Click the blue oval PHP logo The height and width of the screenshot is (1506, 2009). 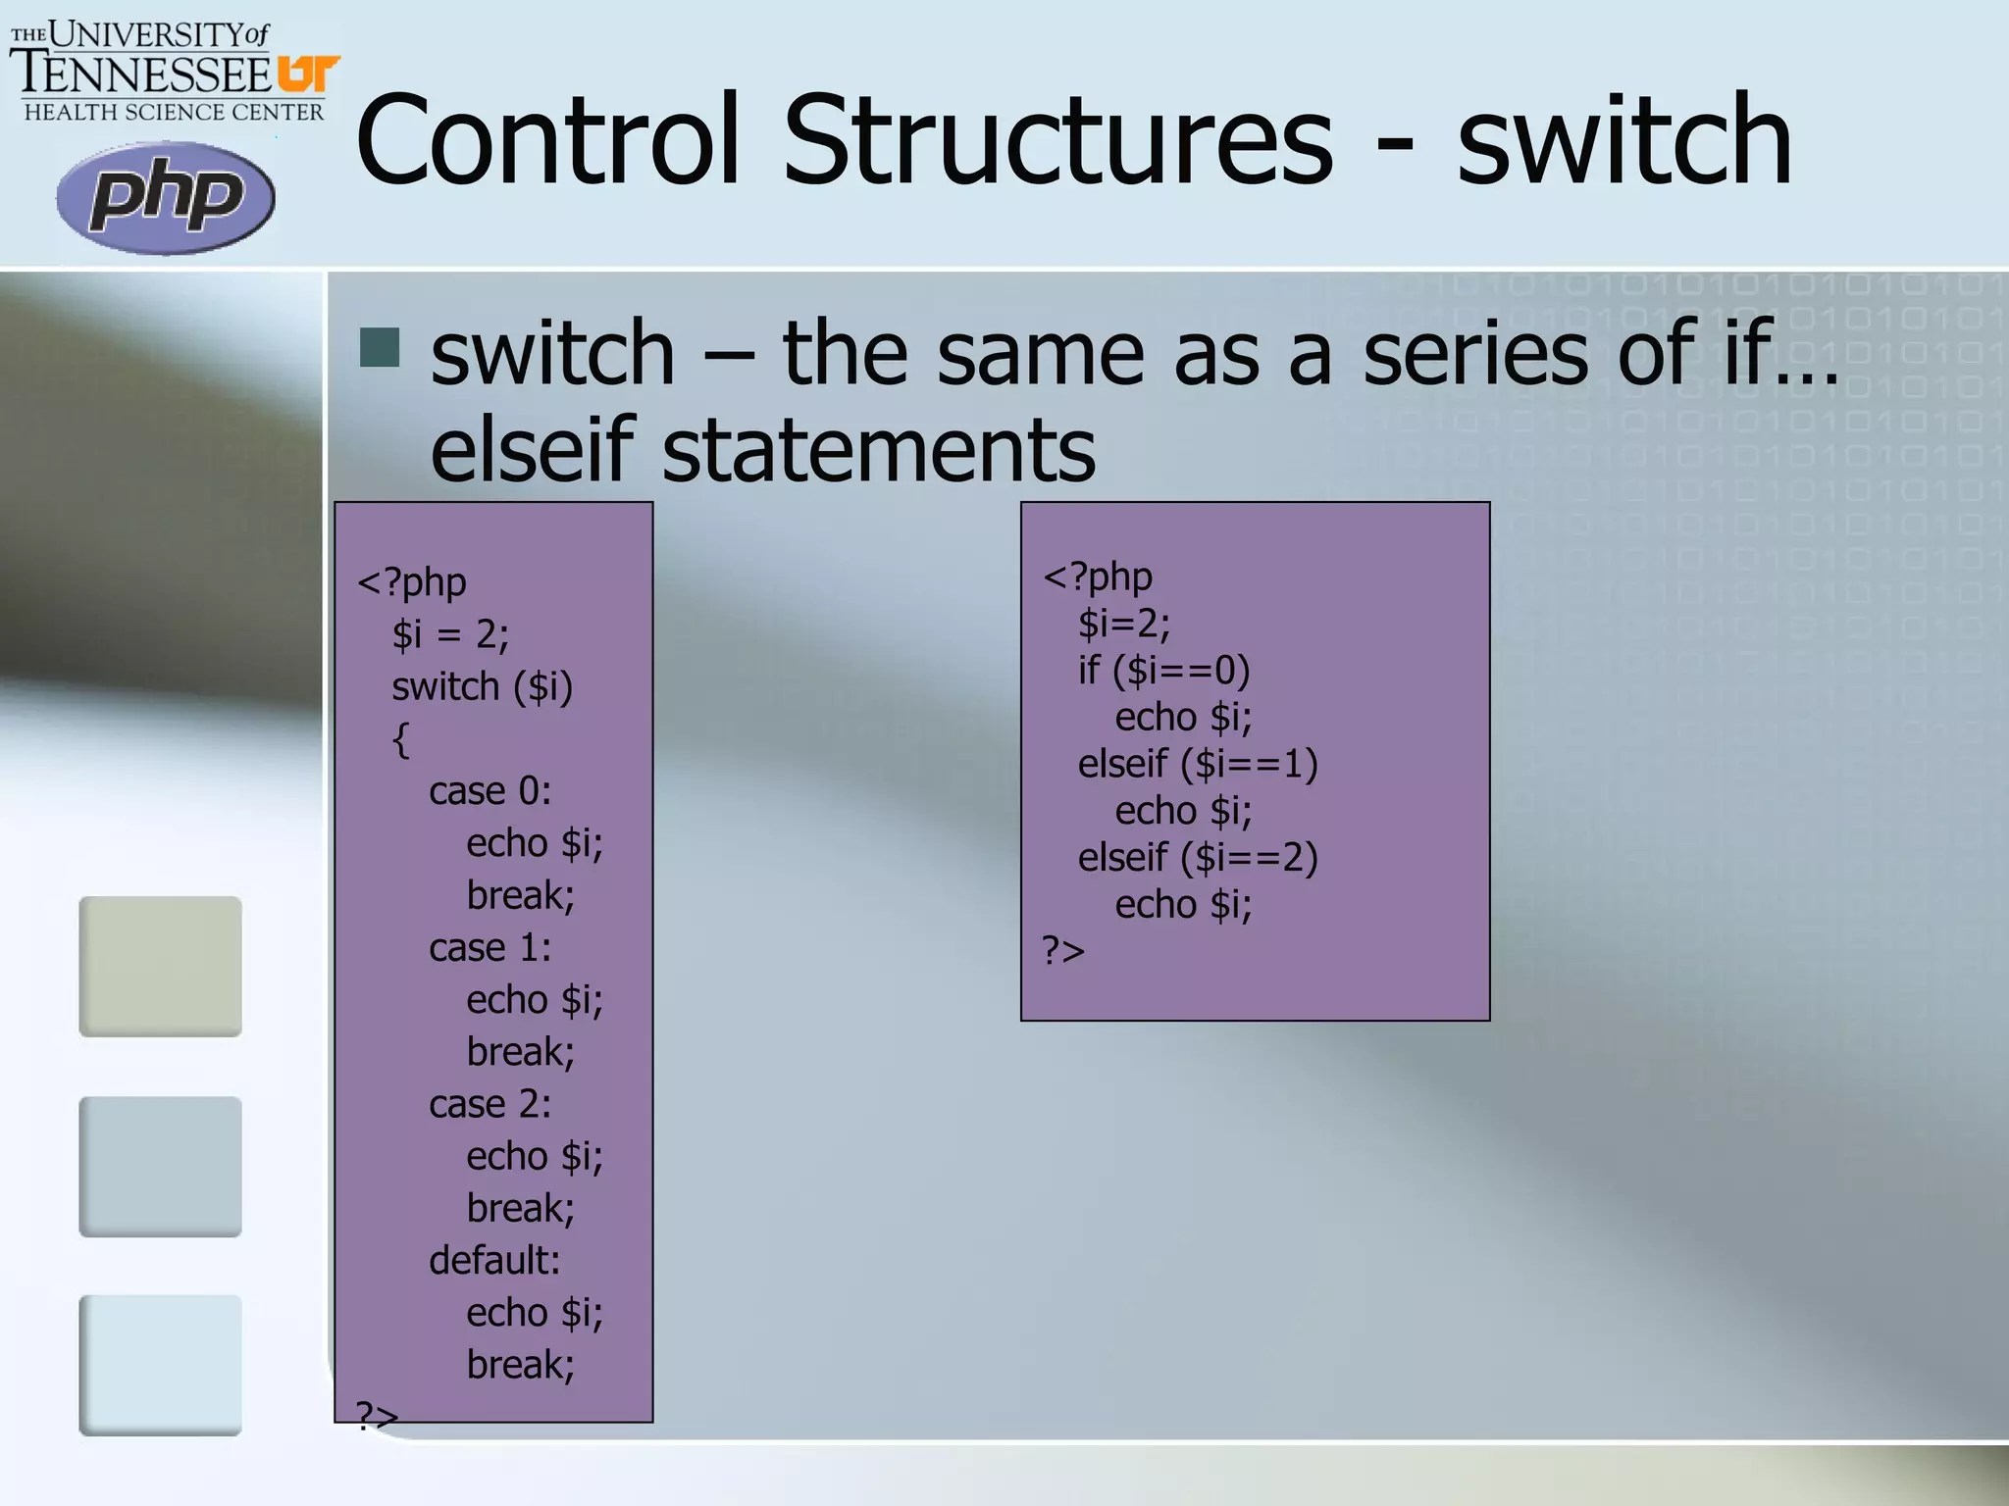tap(165, 198)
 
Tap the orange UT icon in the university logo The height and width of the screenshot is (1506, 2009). tap(308, 74)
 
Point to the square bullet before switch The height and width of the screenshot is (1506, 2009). tap(380, 347)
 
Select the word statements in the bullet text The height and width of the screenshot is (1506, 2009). tap(879, 450)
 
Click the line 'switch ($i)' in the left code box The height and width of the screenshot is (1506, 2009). tap(482, 687)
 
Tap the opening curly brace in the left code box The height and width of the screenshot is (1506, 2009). tap(400, 739)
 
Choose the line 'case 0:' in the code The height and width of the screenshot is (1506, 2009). tap(489, 791)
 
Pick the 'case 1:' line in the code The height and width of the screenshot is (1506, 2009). tap(489, 948)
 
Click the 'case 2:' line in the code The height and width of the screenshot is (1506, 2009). tap(489, 1105)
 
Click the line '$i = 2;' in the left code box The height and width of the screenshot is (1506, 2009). tap(450, 634)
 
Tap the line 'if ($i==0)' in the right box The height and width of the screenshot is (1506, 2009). tap(1163, 671)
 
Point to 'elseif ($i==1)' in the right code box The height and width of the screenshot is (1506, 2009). tap(1198, 764)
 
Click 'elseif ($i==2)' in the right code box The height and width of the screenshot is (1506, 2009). tap(1198, 858)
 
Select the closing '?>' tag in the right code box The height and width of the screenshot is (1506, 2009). tap(1062, 951)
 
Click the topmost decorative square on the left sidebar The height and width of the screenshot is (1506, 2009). tap(160, 966)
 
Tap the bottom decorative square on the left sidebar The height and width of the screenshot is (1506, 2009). tap(160, 1365)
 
